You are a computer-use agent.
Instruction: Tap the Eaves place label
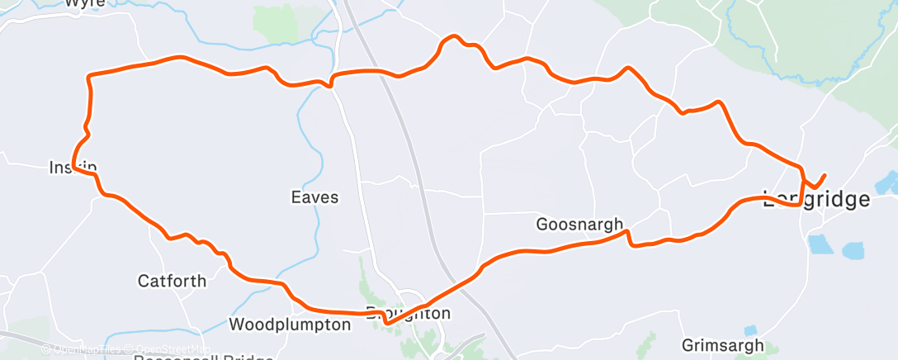click(314, 197)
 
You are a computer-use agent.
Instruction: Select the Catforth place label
click(172, 281)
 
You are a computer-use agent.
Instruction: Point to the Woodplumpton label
click(290, 324)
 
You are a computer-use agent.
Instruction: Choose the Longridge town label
click(816, 200)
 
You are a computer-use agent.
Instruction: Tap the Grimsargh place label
click(723, 345)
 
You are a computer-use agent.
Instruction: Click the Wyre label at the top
click(84, 3)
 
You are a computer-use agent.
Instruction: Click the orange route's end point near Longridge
click(824, 174)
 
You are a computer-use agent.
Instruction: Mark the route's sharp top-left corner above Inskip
click(88, 77)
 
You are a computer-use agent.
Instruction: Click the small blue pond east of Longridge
click(886, 181)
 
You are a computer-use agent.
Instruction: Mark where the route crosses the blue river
click(330, 81)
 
